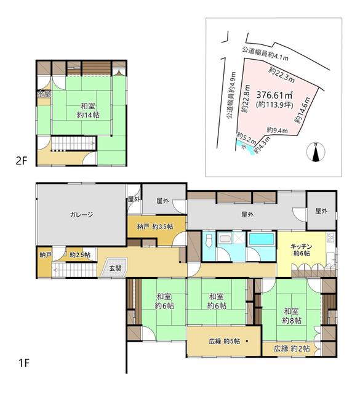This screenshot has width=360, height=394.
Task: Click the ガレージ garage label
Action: pos(81,215)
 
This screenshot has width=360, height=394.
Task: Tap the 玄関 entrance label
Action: pos(116,268)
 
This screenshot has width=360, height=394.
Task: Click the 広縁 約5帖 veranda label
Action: pos(223,342)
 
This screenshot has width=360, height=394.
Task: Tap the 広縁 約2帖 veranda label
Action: pos(292,348)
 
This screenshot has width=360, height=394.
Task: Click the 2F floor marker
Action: pos(22,161)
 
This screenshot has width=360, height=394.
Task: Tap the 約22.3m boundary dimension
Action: pos(282,74)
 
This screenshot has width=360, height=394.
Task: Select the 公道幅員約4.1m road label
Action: pos(264,55)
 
